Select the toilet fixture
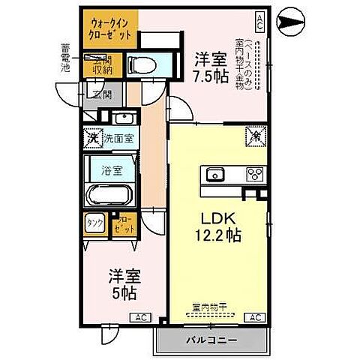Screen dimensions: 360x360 [141, 65]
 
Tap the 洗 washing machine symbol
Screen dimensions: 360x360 [92, 137]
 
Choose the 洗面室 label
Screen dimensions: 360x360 [117, 138]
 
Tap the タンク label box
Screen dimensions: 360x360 [95, 223]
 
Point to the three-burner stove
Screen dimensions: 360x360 [253, 175]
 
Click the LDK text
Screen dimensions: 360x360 [217, 218]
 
